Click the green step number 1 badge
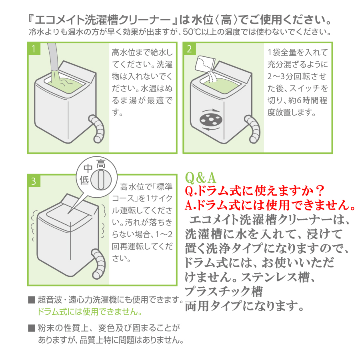point(34,49)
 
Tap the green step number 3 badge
point(34,181)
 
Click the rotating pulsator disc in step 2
point(211,120)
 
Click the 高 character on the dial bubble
point(101,164)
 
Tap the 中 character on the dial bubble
point(88,169)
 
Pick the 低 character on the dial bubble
point(84,180)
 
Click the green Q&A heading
point(201,177)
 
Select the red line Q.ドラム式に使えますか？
point(254,191)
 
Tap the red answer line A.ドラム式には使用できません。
point(270,205)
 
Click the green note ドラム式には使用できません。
point(90,312)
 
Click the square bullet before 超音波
point(32,300)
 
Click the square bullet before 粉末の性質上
point(32,328)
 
